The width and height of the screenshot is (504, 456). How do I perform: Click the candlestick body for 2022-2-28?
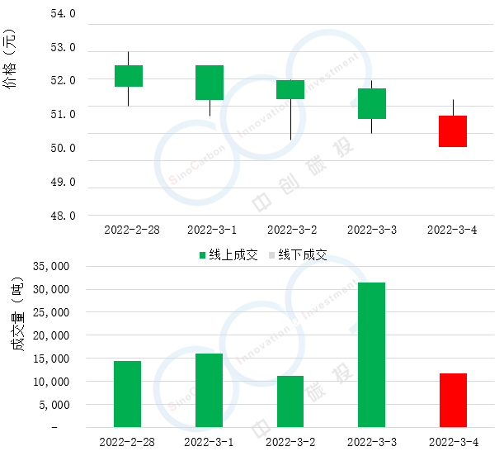coord(129,76)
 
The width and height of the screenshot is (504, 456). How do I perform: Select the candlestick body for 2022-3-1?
coord(210,83)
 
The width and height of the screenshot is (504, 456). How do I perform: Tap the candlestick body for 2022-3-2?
coord(290,90)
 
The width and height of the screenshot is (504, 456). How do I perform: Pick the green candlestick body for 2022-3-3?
coord(372,103)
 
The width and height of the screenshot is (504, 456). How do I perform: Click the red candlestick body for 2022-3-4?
coord(453,131)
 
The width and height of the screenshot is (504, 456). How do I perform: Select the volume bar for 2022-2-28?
coord(128,394)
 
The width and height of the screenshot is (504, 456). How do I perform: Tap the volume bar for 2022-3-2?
coord(290,401)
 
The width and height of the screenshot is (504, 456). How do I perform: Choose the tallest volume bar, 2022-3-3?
coord(372,355)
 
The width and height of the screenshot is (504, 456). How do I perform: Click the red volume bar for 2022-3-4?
coord(453,401)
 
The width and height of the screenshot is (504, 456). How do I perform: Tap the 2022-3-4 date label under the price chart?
coord(453,230)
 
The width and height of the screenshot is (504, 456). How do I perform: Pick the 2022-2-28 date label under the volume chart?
coord(128,442)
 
